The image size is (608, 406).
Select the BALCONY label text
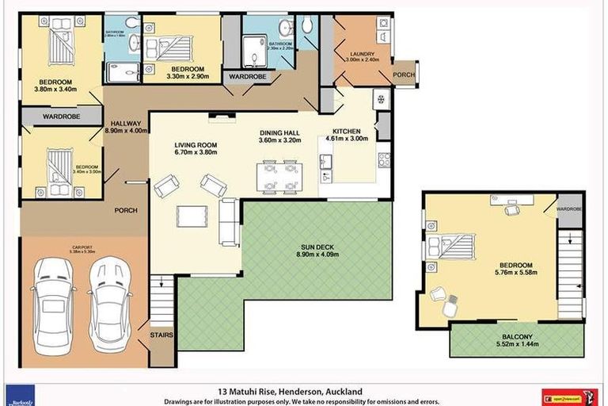coord(516,336)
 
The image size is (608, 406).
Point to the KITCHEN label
coord(346,131)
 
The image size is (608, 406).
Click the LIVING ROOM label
coord(196,145)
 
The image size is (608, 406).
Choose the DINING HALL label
coord(281,132)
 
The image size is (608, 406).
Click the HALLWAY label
coord(126,124)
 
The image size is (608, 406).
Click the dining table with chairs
coord(280,176)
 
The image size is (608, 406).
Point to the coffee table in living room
coord(192,216)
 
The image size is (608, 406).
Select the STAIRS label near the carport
coord(161,335)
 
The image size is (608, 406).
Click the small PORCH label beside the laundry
coord(403,75)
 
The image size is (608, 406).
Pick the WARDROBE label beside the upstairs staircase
coord(569,209)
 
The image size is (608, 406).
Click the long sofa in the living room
coord(228,222)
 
